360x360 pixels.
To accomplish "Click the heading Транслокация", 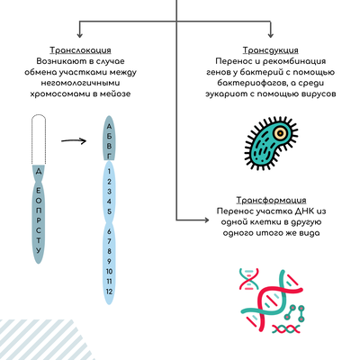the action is [x=80, y=50].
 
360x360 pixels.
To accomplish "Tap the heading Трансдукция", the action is [x=271, y=50].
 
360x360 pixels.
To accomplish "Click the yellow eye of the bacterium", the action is [x=280, y=132].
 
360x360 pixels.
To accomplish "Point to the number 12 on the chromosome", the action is [x=109, y=292].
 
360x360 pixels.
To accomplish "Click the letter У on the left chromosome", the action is [x=39, y=250].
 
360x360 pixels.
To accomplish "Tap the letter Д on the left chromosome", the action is [x=39, y=172].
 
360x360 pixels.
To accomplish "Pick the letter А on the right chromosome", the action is [x=109, y=126].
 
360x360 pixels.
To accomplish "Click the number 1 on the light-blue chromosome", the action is [x=109, y=171].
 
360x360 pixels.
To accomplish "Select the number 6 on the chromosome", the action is [x=109, y=231].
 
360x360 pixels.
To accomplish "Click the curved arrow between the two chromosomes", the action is [x=74, y=140].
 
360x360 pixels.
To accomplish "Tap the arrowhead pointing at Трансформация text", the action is [x=206, y=220].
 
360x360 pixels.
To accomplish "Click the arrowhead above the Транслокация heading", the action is [x=79, y=34].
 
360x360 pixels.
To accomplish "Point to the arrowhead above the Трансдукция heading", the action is [x=271, y=34].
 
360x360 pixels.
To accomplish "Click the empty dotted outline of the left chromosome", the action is [x=39, y=139].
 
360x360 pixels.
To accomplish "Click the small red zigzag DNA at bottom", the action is [x=286, y=328].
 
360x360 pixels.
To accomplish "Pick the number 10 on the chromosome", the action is [x=109, y=271].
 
